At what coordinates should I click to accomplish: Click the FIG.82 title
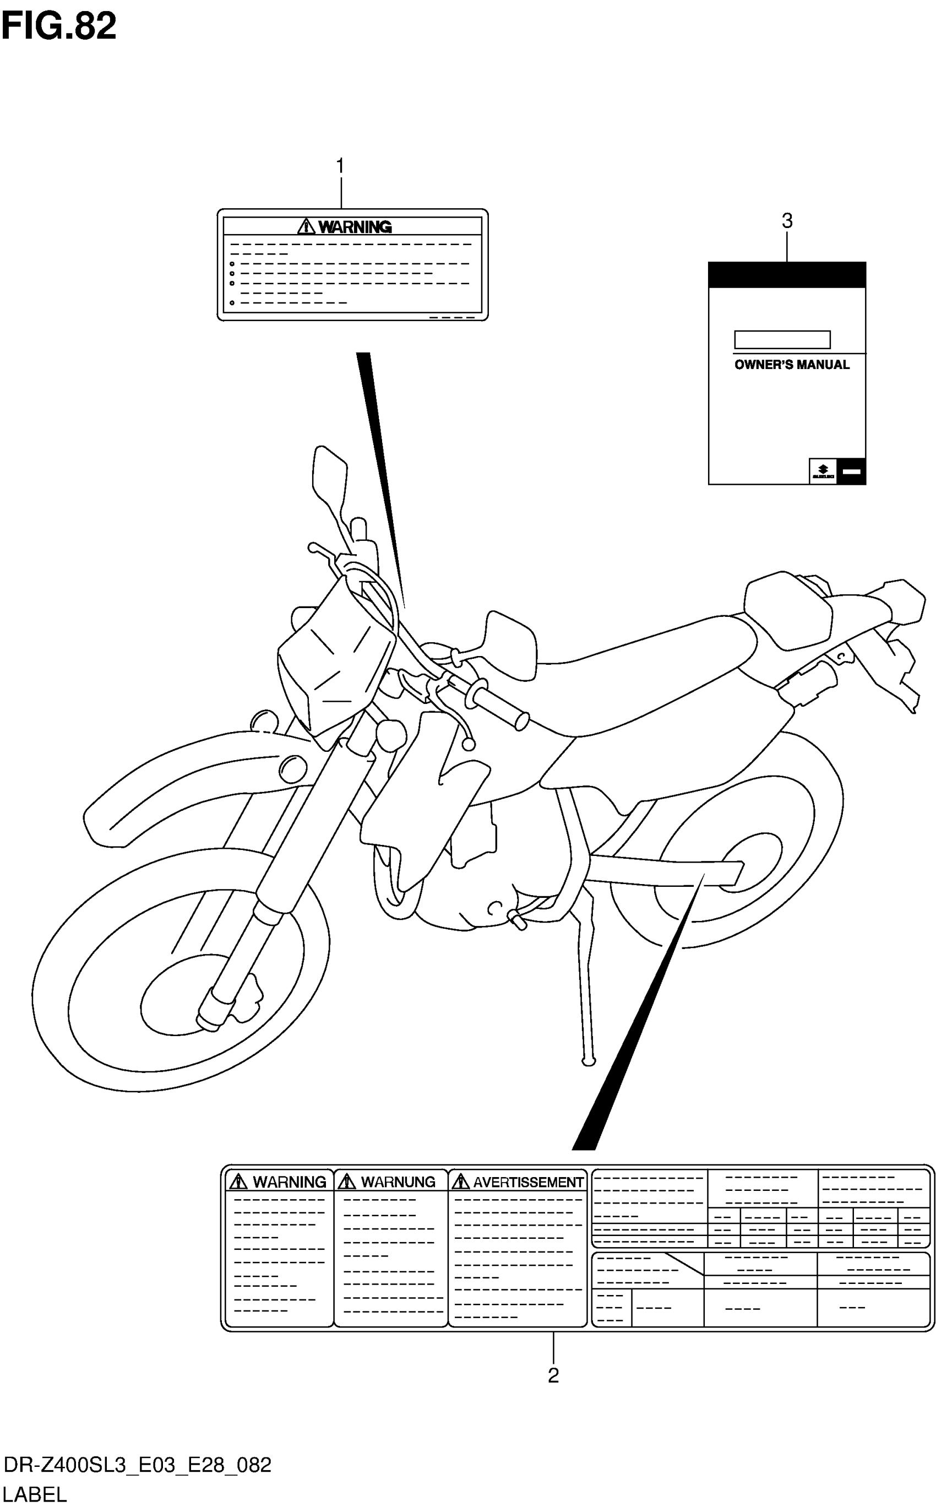click(59, 26)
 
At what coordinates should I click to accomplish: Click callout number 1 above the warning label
click(340, 166)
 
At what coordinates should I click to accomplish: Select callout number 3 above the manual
click(787, 221)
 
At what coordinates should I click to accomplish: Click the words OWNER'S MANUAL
click(792, 365)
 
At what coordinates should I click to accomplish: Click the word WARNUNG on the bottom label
click(398, 1182)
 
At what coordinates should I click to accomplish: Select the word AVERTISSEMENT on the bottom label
click(528, 1182)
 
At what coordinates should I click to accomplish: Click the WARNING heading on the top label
click(355, 227)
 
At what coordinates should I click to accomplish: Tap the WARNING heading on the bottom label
click(289, 1182)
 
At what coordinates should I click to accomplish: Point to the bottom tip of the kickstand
click(589, 1062)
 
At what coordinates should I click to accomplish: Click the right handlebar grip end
click(521, 720)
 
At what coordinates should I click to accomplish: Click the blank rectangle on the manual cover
click(782, 340)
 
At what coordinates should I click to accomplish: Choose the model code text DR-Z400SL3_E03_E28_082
click(138, 1466)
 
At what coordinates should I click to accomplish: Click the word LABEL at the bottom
click(35, 1495)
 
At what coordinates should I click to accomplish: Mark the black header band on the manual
click(787, 275)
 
